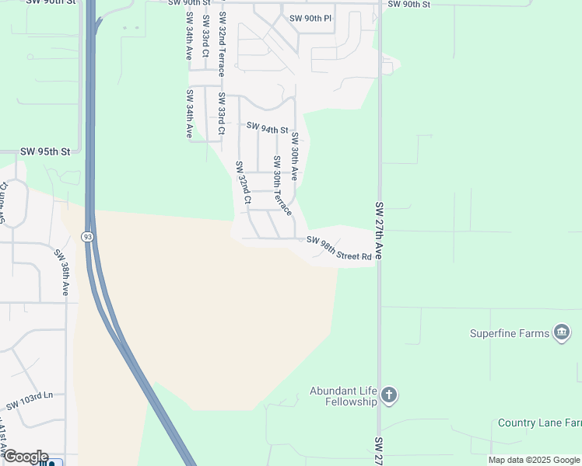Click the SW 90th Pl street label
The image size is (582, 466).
[310, 18]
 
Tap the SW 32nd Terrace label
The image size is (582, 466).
[223, 43]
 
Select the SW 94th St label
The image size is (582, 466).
[268, 128]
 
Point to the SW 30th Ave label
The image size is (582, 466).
[295, 156]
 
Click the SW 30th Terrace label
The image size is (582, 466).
[281, 186]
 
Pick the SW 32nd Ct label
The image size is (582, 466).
[244, 183]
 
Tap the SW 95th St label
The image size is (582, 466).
[45, 151]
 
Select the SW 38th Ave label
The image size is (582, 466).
[62, 273]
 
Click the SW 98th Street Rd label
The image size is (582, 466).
[339, 249]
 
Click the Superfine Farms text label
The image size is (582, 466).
[510, 334]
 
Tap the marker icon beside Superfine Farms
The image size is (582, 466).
[561, 333]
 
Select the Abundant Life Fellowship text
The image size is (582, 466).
[343, 396]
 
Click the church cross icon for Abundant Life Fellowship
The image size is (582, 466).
[390, 396]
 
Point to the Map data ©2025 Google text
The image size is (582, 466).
[534, 460]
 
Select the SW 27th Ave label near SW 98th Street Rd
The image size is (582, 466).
[380, 231]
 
